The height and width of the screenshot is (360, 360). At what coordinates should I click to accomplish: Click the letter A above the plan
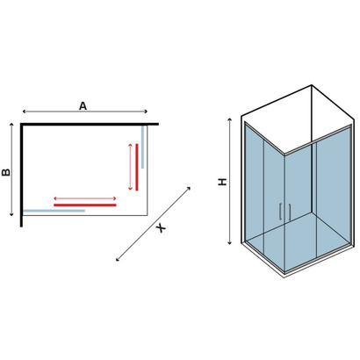(x=83, y=106)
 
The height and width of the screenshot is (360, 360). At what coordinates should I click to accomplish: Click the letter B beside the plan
(x=6, y=172)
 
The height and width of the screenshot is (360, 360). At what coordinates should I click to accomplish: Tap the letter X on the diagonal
(x=161, y=227)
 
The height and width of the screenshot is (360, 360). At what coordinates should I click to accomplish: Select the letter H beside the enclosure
(x=223, y=182)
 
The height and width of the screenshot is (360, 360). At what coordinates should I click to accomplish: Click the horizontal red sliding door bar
(x=85, y=205)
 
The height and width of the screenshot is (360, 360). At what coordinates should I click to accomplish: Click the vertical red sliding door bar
(x=137, y=167)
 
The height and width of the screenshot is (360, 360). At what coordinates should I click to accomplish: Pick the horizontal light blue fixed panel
(x=54, y=211)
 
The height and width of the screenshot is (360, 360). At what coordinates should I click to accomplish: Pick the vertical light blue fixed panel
(x=142, y=147)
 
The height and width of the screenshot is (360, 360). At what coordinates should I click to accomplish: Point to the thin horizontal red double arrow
(x=85, y=198)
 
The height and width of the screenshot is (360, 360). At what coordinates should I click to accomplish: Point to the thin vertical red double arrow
(x=131, y=167)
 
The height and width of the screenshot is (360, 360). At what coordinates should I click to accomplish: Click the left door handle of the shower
(x=280, y=212)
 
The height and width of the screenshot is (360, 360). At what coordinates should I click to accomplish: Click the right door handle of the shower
(x=290, y=212)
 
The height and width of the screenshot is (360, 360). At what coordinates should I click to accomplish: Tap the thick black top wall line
(x=90, y=125)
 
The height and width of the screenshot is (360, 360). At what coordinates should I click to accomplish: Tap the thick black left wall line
(x=21, y=175)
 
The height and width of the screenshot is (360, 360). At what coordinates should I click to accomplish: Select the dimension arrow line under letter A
(x=85, y=112)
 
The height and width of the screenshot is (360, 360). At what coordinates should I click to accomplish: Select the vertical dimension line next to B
(x=11, y=169)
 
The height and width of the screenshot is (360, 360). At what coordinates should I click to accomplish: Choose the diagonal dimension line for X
(x=154, y=224)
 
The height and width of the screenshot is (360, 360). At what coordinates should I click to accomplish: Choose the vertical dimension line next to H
(x=230, y=181)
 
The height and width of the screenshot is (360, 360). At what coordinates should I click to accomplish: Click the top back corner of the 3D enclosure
(x=312, y=85)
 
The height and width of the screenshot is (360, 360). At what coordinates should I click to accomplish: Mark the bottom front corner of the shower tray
(x=284, y=277)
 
